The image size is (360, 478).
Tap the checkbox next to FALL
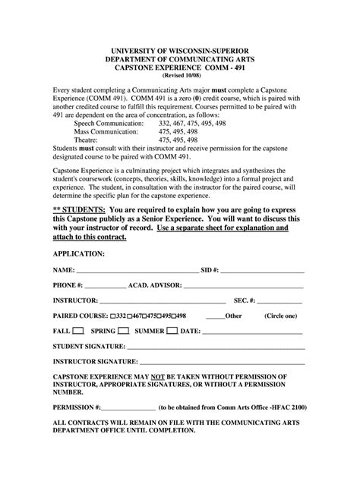click(77, 331)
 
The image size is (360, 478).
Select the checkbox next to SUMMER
click(172, 331)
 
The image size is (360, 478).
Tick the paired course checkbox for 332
click(113, 316)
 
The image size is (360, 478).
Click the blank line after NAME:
click(137, 271)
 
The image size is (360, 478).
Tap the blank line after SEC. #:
click(280, 301)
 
